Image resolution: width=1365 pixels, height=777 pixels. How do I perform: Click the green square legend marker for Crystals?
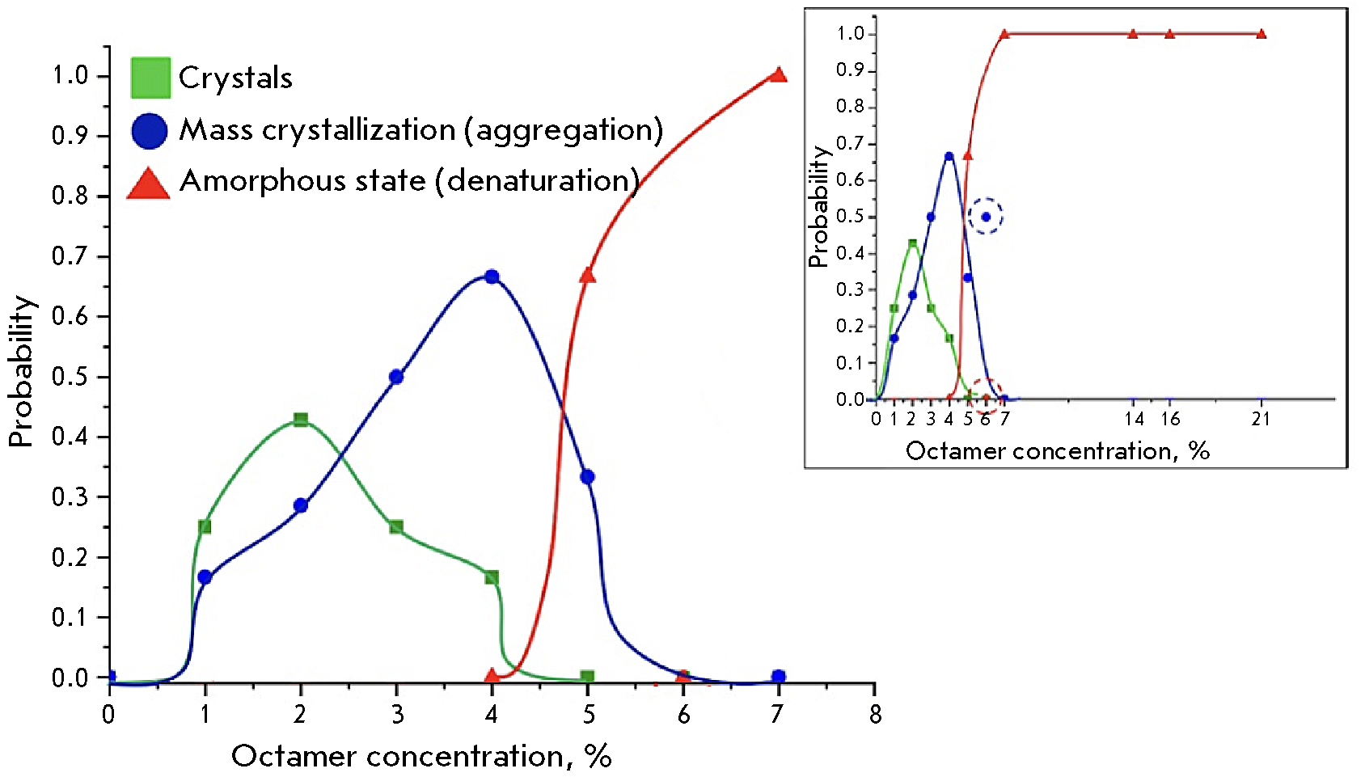click(150, 78)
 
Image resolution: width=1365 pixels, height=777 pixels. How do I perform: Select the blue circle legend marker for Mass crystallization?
click(150, 130)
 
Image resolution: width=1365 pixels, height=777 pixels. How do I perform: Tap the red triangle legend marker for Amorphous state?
click(149, 184)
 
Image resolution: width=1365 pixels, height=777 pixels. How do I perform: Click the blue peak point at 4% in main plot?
click(491, 277)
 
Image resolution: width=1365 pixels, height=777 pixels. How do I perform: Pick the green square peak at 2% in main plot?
click(301, 420)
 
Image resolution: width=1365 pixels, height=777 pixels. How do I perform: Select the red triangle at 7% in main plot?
click(778, 75)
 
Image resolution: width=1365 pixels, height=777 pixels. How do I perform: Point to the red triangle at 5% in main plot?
click(588, 276)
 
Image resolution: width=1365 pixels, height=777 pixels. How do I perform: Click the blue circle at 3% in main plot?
click(396, 377)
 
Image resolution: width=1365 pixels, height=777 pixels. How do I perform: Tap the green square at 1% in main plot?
click(205, 527)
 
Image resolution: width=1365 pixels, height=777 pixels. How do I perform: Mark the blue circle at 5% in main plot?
click(588, 477)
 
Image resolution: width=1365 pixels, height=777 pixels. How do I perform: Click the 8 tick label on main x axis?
click(875, 715)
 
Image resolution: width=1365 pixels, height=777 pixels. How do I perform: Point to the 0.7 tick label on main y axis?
click(70, 257)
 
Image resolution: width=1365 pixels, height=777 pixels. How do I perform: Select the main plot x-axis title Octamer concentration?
click(421, 756)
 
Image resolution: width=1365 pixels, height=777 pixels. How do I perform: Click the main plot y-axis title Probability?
click(22, 371)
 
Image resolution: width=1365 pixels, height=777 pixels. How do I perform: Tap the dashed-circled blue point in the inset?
click(986, 217)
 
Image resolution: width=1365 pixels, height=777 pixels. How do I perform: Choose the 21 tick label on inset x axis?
click(1261, 419)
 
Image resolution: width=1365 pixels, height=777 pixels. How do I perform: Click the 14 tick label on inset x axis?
click(1134, 419)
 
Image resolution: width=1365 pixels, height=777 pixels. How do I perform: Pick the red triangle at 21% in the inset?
click(1261, 34)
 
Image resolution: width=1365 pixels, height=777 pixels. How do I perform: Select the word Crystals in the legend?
click(235, 78)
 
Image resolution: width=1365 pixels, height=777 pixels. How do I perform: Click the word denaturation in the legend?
click(538, 181)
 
